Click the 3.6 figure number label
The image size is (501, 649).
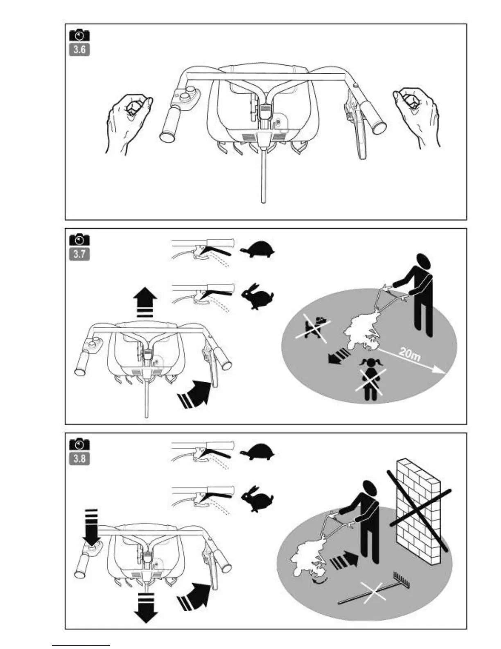point(79,50)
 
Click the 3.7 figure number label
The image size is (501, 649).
point(79,254)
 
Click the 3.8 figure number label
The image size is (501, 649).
point(79,458)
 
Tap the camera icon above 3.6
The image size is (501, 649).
point(79,35)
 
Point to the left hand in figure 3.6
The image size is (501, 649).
point(127,119)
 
